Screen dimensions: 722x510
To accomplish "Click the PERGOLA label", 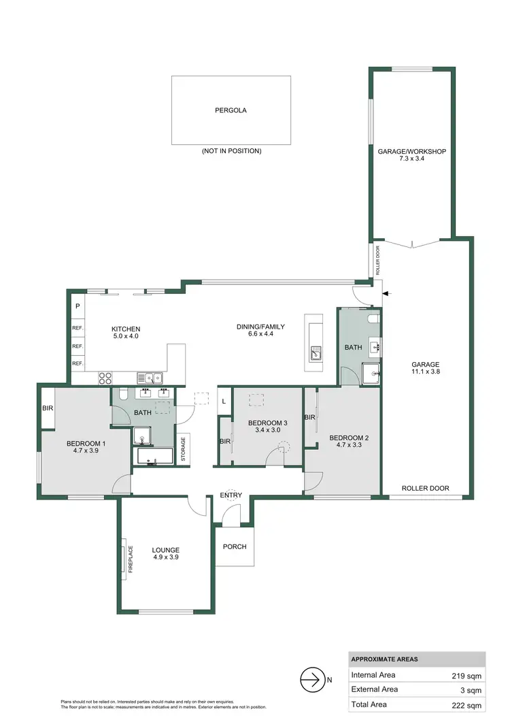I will [231, 110].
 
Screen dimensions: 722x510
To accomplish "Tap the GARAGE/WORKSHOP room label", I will [411, 151].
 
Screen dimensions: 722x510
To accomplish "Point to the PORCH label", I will [235, 546].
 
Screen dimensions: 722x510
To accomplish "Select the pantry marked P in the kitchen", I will [78, 307].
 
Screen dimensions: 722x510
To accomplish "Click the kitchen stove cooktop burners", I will [105, 377].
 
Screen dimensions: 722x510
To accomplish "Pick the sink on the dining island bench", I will [316, 352].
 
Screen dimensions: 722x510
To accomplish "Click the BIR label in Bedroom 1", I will [48, 409].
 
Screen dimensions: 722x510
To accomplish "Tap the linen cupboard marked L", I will [224, 401].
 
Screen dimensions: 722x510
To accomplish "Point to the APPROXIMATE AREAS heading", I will [384, 659].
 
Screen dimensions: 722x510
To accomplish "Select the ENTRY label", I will [231, 495].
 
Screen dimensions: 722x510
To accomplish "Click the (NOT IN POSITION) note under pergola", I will [231, 151].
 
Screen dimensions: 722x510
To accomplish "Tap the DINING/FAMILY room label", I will [260, 327].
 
